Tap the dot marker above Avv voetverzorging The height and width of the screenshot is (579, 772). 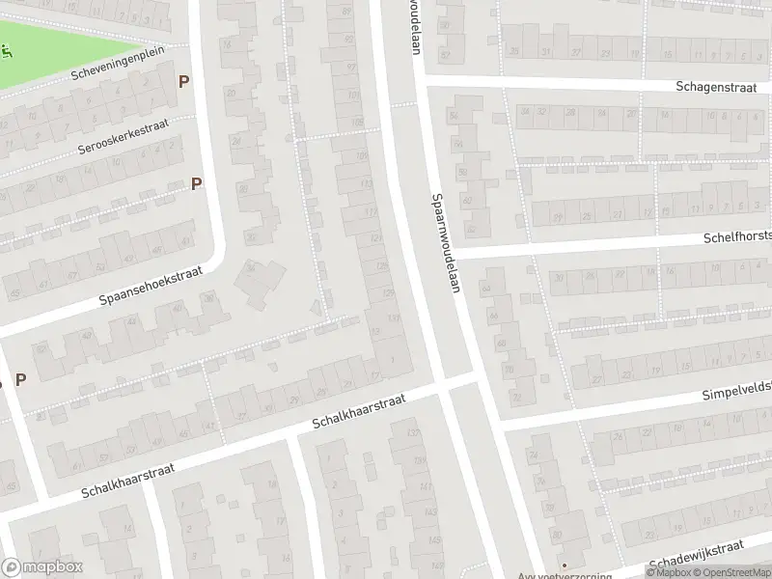pyautogui.click(x=565, y=565)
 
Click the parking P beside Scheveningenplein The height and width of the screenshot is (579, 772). pyautogui.click(x=182, y=82)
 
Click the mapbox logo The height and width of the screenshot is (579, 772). pyautogui.click(x=41, y=568)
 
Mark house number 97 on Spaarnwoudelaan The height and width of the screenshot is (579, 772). pyautogui.click(x=351, y=66)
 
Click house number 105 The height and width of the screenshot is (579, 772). pyautogui.click(x=358, y=123)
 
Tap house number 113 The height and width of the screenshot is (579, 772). pyautogui.click(x=366, y=182)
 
